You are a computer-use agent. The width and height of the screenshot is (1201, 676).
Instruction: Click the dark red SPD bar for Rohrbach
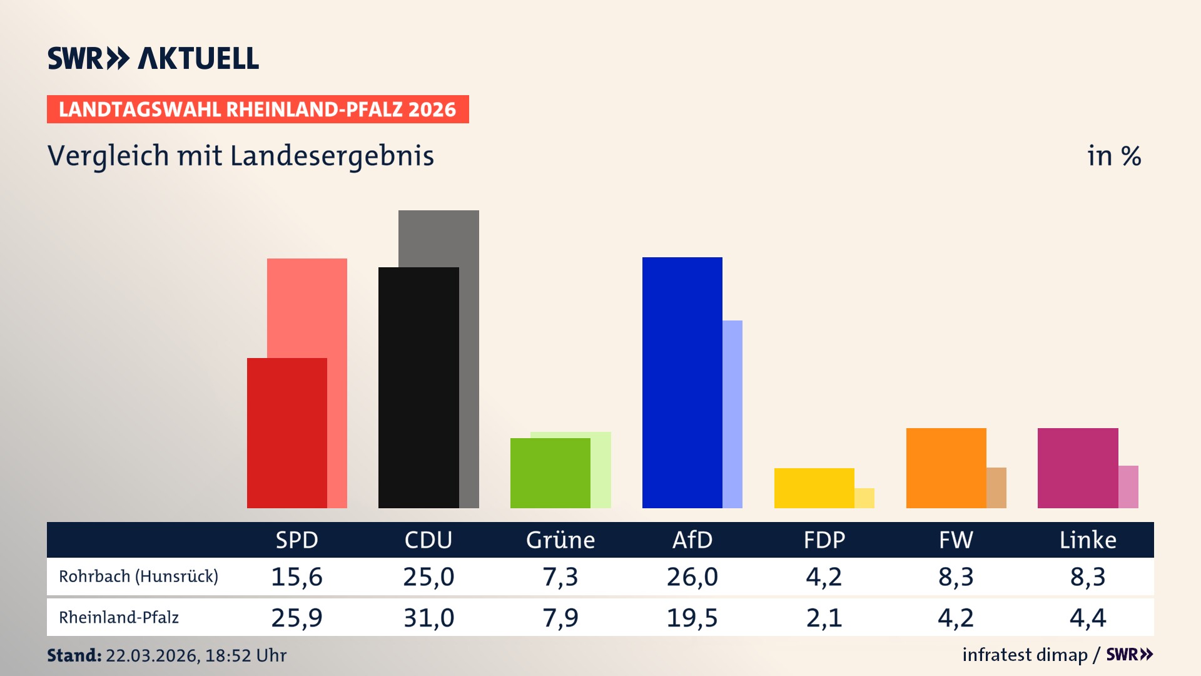[x=286, y=433]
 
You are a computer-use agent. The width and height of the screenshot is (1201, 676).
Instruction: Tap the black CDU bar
[x=418, y=388]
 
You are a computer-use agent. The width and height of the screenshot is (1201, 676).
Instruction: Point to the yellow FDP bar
[x=814, y=488]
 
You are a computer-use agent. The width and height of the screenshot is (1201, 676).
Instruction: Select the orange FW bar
[x=946, y=468]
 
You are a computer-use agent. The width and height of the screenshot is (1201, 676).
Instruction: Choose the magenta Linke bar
[x=1078, y=468]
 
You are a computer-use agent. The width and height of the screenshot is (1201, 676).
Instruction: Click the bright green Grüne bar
[x=550, y=473]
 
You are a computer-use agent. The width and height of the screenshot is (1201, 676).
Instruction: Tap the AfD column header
[x=692, y=540]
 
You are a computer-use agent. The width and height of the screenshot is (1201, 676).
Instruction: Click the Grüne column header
[x=560, y=540]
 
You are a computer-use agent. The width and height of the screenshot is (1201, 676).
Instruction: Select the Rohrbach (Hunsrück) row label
[x=138, y=576]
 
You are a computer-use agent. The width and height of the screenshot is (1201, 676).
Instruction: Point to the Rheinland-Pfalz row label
[x=119, y=618]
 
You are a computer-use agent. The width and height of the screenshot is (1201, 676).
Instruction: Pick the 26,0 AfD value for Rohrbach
[x=692, y=576]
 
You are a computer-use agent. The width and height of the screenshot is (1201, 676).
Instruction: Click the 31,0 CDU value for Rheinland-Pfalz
[x=428, y=618]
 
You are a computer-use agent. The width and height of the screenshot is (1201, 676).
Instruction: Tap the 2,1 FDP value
[x=824, y=618]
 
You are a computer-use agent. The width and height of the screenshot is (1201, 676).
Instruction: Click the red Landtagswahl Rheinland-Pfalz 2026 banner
[x=258, y=110]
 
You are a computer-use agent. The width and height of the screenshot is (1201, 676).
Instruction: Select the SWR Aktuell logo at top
[x=153, y=58]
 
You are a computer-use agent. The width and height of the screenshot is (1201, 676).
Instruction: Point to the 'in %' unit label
[x=1113, y=156]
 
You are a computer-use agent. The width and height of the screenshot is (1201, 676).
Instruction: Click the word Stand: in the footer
[x=74, y=655]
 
